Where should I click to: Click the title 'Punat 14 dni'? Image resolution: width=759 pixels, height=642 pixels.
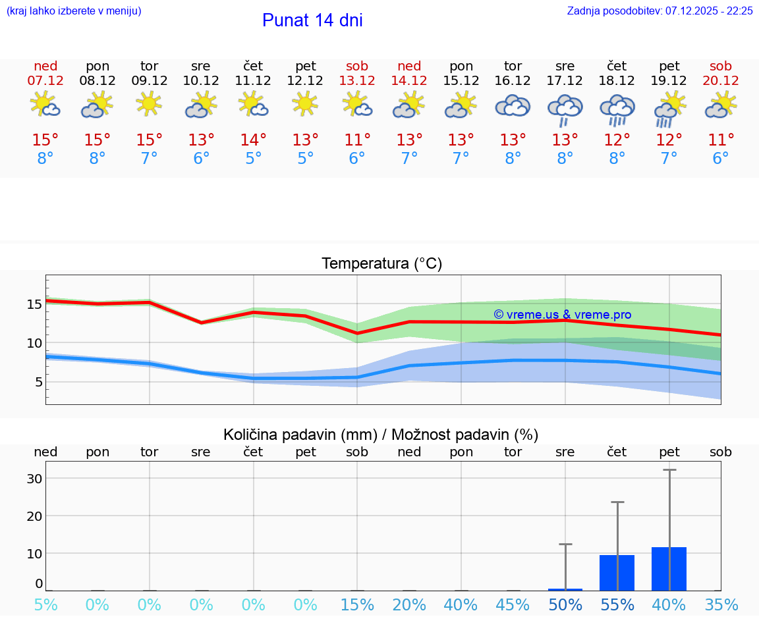tap(312, 20)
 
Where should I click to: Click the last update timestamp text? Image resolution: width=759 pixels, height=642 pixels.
tap(660, 11)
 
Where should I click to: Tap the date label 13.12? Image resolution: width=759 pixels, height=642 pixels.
tap(357, 80)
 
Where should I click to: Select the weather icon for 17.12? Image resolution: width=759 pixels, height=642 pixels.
tap(565, 109)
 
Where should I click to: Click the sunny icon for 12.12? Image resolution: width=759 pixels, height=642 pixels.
tap(305, 104)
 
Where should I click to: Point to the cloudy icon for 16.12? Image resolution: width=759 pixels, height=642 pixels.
tap(513, 105)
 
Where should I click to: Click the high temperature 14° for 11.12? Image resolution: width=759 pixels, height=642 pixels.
tap(253, 140)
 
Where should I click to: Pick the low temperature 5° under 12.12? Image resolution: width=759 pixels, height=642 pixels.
tap(305, 159)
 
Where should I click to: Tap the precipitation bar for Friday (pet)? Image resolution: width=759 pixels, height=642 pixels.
tap(669, 569)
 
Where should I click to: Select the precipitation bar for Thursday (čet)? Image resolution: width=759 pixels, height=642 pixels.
tap(617, 573)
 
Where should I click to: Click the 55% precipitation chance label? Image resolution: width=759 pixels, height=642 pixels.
tap(617, 604)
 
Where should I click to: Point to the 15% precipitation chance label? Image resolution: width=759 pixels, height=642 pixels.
tap(357, 604)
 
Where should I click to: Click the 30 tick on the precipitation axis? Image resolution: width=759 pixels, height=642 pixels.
tap(34, 479)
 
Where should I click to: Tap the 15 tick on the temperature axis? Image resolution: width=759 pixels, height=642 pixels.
tap(34, 304)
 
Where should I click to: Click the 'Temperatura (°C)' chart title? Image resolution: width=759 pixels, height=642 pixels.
tap(381, 264)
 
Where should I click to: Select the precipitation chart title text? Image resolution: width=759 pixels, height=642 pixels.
tap(381, 435)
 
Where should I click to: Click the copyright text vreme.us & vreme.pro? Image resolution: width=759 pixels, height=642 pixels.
tap(562, 315)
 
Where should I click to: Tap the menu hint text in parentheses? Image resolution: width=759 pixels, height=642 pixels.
tap(74, 11)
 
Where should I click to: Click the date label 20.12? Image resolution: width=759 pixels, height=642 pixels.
tap(721, 80)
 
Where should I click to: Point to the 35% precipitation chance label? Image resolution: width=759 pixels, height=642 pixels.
tap(721, 604)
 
